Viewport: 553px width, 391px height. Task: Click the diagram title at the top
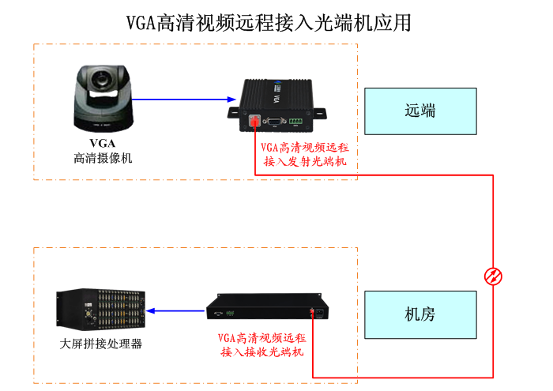269,23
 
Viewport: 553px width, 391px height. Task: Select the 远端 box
419,111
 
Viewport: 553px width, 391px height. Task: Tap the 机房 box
419,314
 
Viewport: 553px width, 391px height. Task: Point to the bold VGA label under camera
102,143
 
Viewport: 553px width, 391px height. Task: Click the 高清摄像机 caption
103,158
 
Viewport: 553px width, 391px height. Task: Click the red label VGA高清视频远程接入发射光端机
304,155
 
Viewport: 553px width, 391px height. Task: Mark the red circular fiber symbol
493,275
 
